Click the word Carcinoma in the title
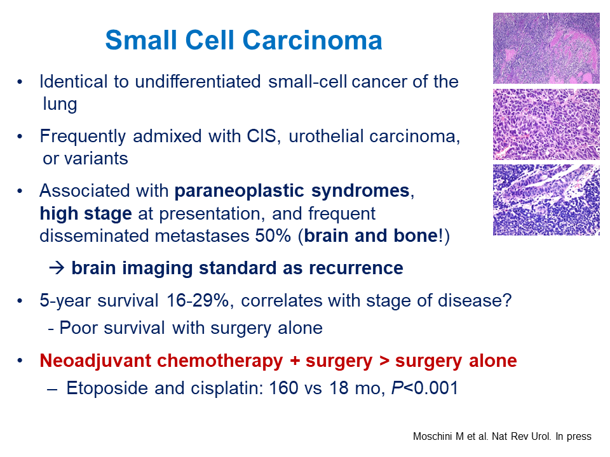pyautogui.click(x=313, y=41)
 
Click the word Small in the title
pyautogui.click(x=141, y=41)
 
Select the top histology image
pyautogui.click(x=546, y=48)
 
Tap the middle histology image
pyautogui.click(x=546, y=124)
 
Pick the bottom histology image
pyautogui.click(x=546, y=200)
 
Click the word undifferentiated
pyautogui.click(x=198, y=82)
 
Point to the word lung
pyautogui.click(x=60, y=105)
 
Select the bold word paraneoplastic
pyautogui.click(x=239, y=192)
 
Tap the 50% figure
pyautogui.click(x=273, y=236)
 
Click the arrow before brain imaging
pyautogui.click(x=57, y=268)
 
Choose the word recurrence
pyautogui.click(x=356, y=268)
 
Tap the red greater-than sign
pyautogui.click(x=384, y=361)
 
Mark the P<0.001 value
pyautogui.click(x=425, y=388)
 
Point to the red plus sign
pyautogui.click(x=295, y=361)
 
